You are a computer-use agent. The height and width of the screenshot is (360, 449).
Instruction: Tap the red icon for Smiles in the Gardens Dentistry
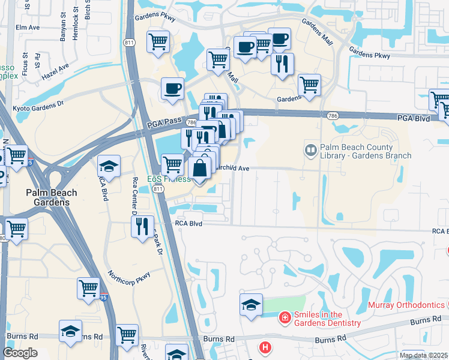click(x=285, y=317)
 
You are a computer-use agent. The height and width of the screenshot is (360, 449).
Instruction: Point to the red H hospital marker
click(x=264, y=347)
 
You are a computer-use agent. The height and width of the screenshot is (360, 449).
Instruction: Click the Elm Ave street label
click(x=27, y=28)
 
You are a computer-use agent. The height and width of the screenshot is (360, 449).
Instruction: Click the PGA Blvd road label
click(x=414, y=119)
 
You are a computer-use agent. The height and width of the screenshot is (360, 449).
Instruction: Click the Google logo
click(x=20, y=353)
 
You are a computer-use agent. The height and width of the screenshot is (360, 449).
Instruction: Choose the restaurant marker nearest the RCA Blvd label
click(x=142, y=226)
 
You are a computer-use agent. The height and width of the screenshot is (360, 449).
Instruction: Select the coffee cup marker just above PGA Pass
click(x=172, y=89)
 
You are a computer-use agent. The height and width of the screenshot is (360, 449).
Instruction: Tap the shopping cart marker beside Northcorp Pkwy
click(x=88, y=288)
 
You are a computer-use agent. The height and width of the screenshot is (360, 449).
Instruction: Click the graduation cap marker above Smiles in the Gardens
click(x=251, y=304)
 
